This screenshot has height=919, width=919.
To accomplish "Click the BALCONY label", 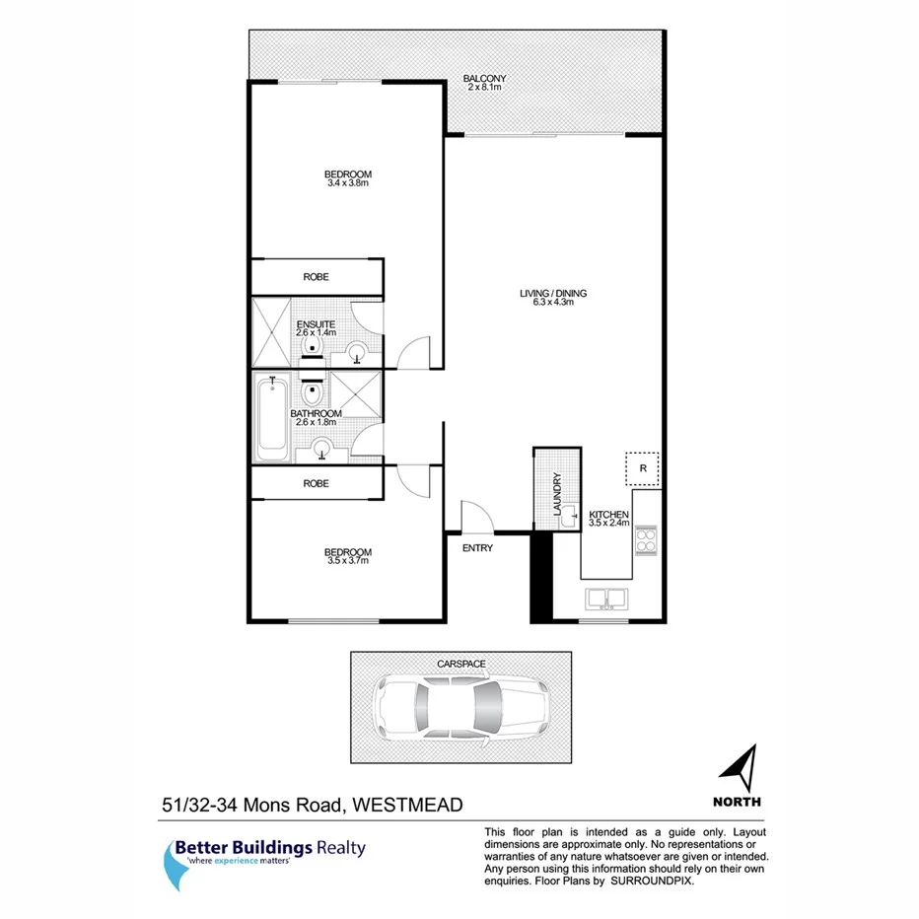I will tap(485, 79).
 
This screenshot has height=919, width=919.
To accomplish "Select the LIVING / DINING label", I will tap(547, 293).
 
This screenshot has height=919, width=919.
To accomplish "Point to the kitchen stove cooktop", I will tap(645, 540).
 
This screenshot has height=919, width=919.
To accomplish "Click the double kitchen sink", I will tap(607, 598).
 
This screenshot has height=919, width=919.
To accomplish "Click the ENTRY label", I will tap(477, 548).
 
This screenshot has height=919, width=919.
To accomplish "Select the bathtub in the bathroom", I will tap(270, 419).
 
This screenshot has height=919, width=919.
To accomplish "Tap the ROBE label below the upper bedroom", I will tap(316, 277).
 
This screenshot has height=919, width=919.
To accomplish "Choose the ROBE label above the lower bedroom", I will tap(316, 483).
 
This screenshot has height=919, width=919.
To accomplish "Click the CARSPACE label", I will tap(461, 665).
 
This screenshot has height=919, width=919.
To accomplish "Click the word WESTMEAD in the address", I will tap(410, 806).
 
